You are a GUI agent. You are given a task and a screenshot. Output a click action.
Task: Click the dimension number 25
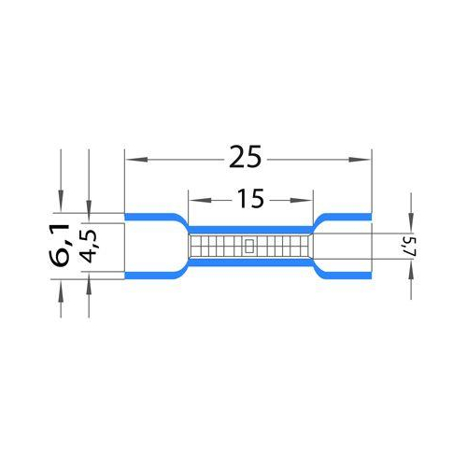pos(245,157)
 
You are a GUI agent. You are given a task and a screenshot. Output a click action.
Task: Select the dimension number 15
pos(250,198)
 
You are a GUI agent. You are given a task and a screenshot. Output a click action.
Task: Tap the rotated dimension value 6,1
pos(61,245)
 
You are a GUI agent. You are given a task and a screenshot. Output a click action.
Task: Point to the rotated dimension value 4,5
pos(89,247)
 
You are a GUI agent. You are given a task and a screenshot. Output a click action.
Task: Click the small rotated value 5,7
pos(411,247)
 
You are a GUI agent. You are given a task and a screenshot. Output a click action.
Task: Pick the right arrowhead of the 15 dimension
pos(301,200)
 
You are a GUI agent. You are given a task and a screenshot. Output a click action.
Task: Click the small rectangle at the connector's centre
pos(249,246)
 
